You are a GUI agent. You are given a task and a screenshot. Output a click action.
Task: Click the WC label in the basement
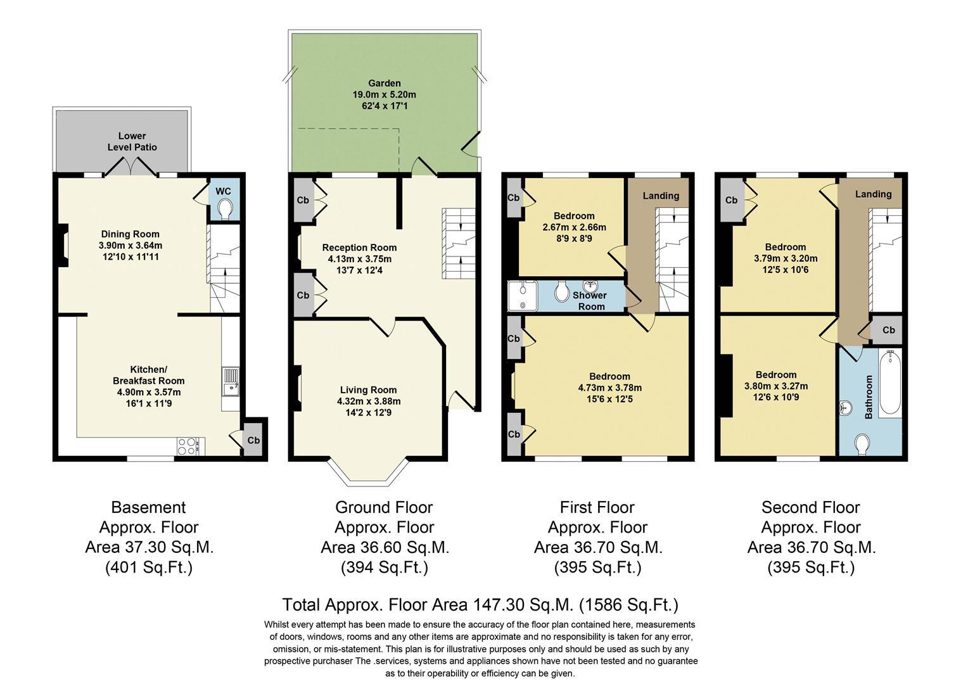tap(223, 191)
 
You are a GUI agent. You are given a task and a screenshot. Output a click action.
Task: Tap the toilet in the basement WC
tap(224, 208)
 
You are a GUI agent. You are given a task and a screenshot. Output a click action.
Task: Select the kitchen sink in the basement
tap(231, 380)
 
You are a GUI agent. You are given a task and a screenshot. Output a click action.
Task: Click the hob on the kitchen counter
tap(188, 446)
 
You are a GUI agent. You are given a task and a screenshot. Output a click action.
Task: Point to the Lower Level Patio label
tap(132, 141)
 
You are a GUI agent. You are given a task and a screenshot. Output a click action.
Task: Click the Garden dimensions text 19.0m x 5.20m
tap(384, 94)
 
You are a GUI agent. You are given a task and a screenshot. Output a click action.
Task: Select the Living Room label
tap(368, 390)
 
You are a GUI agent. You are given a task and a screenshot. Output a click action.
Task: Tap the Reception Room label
tap(359, 248)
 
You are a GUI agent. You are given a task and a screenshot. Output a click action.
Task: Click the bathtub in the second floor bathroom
tap(889, 382)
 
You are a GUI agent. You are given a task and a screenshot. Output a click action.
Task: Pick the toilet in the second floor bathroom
tap(863, 445)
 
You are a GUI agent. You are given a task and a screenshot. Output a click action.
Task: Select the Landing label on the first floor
tap(661, 196)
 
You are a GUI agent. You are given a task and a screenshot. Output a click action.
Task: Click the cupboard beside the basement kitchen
tap(253, 440)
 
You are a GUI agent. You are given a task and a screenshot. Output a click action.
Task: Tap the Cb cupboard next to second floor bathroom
tap(888, 330)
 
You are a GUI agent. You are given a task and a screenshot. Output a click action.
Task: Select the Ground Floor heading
tap(384, 507)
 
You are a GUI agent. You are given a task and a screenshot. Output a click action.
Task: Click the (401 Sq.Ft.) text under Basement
tap(148, 567)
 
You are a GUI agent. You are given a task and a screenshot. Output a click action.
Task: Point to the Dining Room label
tap(130, 234)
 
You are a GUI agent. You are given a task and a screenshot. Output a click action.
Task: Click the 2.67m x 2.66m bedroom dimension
tap(574, 227)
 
